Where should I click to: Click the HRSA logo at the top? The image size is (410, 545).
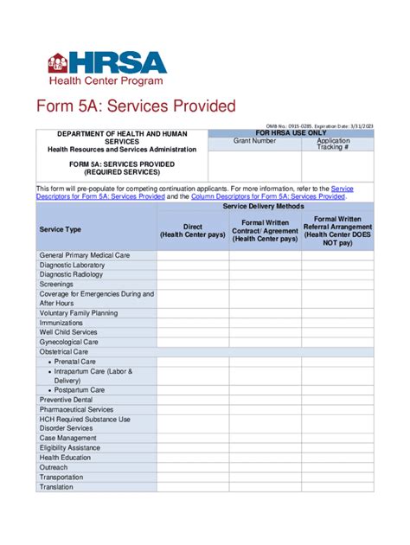pyautogui.click(x=106, y=67)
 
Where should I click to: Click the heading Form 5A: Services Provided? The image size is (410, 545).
pyautogui.click(x=136, y=106)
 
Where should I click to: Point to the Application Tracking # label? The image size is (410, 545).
pyautogui.click(x=334, y=144)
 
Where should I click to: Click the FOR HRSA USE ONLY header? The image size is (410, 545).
pyautogui.click(x=291, y=133)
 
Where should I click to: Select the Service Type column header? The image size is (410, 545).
pyautogui.click(x=61, y=229)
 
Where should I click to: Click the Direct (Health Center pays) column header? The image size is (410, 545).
pyautogui.click(x=192, y=230)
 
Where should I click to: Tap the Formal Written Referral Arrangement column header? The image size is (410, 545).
pyautogui.click(x=337, y=231)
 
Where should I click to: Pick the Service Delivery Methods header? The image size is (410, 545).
pyautogui.click(x=264, y=208)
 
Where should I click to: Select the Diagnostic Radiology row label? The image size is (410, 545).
pyautogui.click(x=71, y=274)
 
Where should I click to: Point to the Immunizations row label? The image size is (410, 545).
pyautogui.click(x=63, y=323)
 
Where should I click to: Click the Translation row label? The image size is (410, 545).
pyautogui.click(x=57, y=487)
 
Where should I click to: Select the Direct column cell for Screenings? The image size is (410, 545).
pyautogui.click(x=192, y=284)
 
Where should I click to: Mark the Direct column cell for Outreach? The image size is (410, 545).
pyautogui.click(x=192, y=467)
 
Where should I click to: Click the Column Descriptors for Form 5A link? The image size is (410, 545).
pyautogui.click(x=268, y=197)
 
